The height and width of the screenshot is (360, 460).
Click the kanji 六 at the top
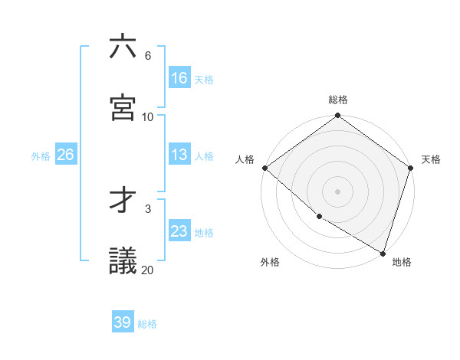coord(123,47)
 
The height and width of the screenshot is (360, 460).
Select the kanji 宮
coord(123,107)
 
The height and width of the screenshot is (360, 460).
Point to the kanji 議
coord(123,260)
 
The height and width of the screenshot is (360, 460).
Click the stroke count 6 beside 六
coord(147,56)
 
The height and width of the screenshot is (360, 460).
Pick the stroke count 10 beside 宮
coord(147,116)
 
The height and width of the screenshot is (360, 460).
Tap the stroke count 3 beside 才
coord(147,208)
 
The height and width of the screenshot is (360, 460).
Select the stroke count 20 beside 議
coord(147,270)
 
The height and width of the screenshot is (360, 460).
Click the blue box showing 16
coord(179,78)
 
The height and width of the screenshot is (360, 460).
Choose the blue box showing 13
coord(179,155)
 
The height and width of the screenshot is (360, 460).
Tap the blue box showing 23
coord(179,231)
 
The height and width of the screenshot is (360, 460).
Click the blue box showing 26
coord(65,155)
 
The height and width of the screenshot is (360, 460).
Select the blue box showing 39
coord(123,322)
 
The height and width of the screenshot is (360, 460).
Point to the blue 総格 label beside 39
coord(147,324)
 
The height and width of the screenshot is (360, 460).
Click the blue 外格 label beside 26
coord(41,156)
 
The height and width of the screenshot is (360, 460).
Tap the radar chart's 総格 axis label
coord(338,100)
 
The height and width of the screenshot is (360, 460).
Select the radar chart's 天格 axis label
coord(431,159)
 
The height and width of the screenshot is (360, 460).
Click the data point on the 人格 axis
coord(264,168)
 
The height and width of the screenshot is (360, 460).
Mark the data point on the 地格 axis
coord(383,252)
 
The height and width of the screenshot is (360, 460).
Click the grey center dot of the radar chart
coord(337,191)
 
